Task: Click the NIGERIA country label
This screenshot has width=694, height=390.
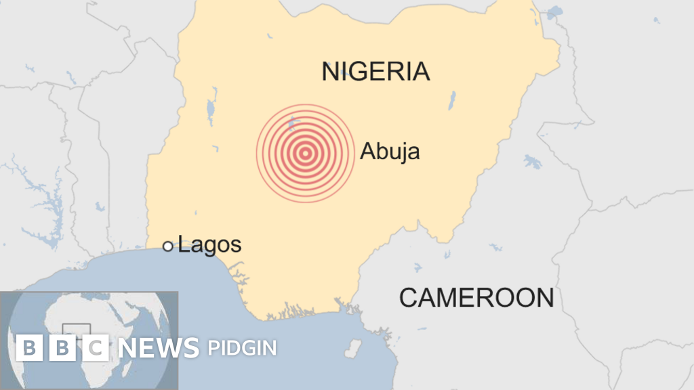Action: [x=375, y=71]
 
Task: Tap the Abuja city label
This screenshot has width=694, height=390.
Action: [x=390, y=151]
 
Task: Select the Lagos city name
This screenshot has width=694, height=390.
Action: [x=209, y=245]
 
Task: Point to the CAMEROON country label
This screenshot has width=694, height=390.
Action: [x=476, y=297]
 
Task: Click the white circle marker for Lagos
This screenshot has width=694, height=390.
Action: [x=167, y=246]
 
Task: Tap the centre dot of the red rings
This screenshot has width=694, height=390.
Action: [x=305, y=153]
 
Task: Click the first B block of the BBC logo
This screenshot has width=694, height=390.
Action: [x=29, y=347]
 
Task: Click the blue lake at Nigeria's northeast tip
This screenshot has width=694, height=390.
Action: [x=555, y=12]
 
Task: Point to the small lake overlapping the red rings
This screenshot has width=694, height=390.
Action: [x=293, y=124]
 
